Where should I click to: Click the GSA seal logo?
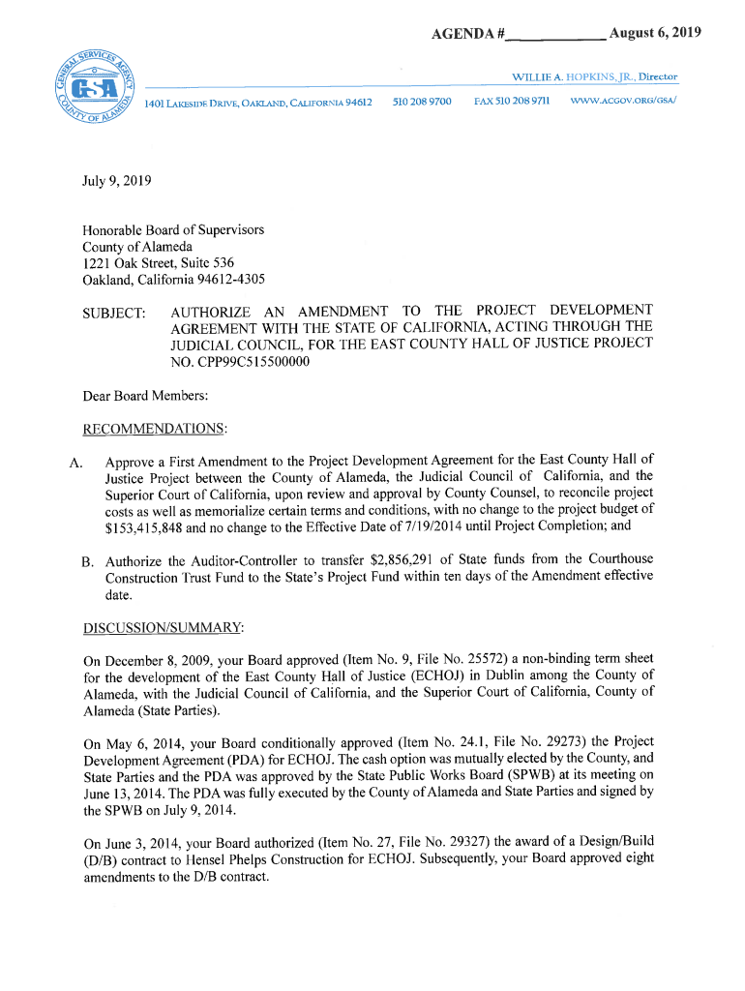pos(96,88)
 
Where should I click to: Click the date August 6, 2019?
pos(655,34)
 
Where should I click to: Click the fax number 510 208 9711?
pos(513,101)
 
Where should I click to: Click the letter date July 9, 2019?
pos(116,180)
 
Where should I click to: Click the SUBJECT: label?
pos(114,314)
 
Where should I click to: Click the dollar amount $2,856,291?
pos(400,559)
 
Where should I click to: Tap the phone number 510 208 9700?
pos(423,101)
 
